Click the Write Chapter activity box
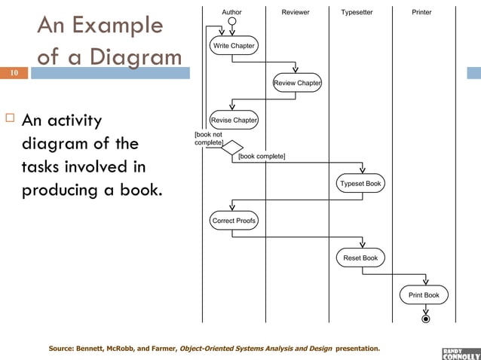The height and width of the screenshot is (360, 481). click(x=234, y=46)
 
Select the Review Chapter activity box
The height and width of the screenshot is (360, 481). click(x=298, y=83)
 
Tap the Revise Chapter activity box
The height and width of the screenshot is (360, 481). click(x=234, y=120)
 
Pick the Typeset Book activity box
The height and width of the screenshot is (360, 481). click(x=361, y=183)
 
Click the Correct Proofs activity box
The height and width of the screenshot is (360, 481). click(x=234, y=221)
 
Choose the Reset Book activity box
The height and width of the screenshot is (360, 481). click(x=361, y=258)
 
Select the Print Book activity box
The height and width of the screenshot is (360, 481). click(x=424, y=295)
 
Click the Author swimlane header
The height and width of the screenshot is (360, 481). click(x=232, y=12)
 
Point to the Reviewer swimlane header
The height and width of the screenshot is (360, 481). click(x=296, y=12)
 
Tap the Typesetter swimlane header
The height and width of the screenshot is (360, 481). click(x=357, y=12)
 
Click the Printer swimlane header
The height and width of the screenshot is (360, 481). click(x=422, y=12)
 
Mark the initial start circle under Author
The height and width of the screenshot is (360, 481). click(x=232, y=21)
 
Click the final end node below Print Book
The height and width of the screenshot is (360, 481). click(x=426, y=319)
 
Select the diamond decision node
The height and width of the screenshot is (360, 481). click(x=232, y=148)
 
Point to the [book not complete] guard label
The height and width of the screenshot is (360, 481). click(x=208, y=138)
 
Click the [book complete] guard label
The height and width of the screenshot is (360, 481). click(x=262, y=157)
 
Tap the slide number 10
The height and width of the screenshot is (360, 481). click(x=14, y=73)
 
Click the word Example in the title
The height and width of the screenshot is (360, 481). click(x=118, y=26)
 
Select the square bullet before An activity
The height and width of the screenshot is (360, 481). click(x=10, y=120)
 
